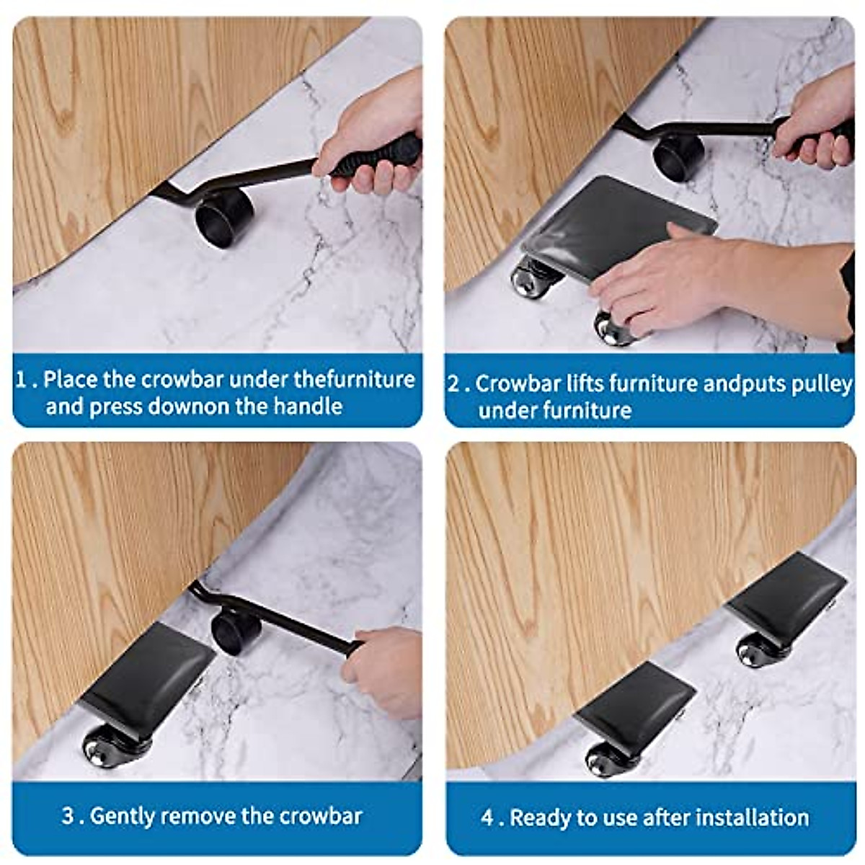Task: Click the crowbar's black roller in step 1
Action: tap(224, 217)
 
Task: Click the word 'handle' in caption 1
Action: tap(307, 407)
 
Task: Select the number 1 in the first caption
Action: tap(23, 379)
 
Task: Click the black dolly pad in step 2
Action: tap(620, 223)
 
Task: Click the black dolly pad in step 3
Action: tap(147, 674)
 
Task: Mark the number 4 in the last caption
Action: tap(488, 817)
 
